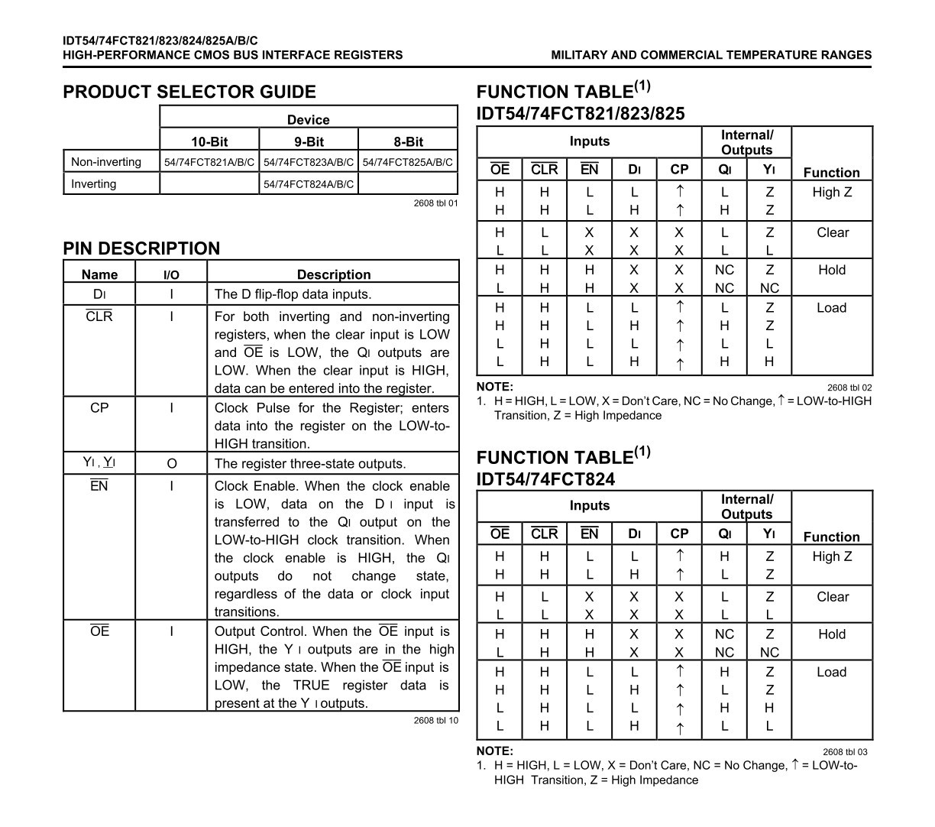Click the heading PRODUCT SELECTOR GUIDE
[x=189, y=92]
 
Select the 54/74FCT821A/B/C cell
[x=209, y=162]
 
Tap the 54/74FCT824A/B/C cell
[x=309, y=184]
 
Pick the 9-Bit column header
[x=309, y=141]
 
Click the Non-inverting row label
[x=106, y=162]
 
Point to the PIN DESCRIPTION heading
[x=141, y=248]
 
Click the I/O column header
[x=171, y=275]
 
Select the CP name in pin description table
[x=99, y=408]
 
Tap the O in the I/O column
[x=171, y=463]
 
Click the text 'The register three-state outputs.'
[x=310, y=463]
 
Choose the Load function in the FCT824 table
[x=831, y=672]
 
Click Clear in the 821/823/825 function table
[x=832, y=232]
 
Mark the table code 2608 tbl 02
[x=849, y=388]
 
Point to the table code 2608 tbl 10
[x=436, y=721]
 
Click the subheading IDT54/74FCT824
[x=545, y=479]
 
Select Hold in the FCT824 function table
[x=831, y=634]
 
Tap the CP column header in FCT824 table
[x=679, y=533]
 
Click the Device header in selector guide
[x=308, y=120]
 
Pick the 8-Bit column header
[x=408, y=141]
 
